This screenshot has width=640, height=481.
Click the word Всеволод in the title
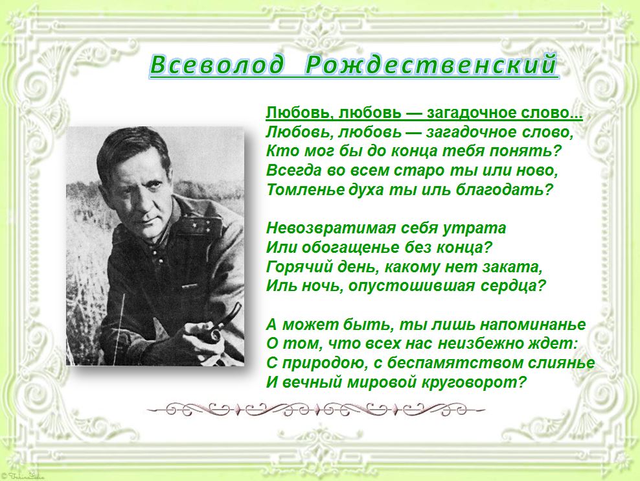(217, 65)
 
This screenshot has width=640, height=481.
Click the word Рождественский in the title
(430, 65)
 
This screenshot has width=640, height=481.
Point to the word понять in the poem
(532, 152)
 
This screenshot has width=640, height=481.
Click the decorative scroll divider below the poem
(315, 410)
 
